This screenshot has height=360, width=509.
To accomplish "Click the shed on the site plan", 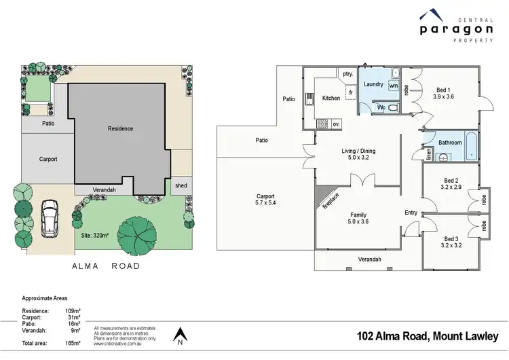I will (181, 185).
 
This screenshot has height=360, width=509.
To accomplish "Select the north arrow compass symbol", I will (180, 336).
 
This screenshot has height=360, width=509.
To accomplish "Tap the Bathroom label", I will (450, 143).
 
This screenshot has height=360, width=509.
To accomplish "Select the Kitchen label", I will (331, 98).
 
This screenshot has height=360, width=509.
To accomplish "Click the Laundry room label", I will (373, 85).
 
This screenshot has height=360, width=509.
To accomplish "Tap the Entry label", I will (411, 213).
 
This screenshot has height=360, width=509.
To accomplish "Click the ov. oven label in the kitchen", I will (337, 123).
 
